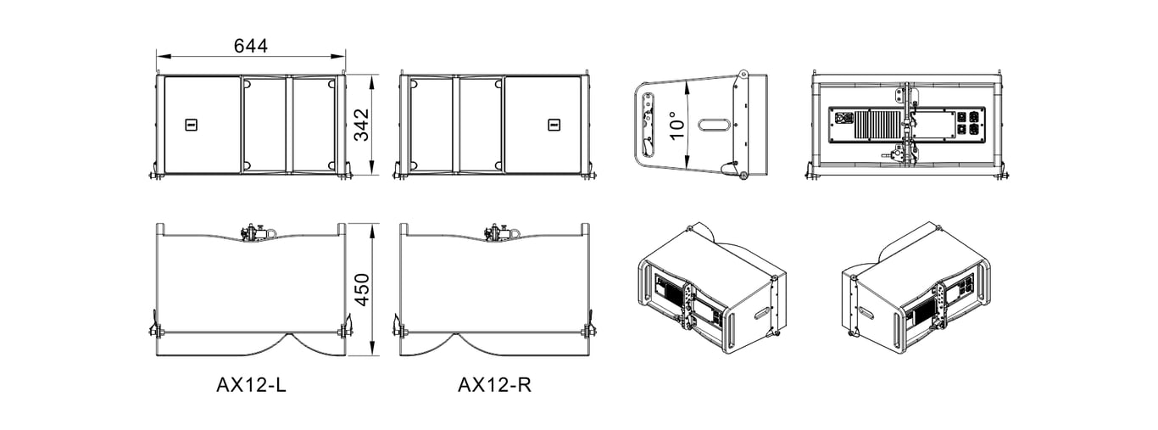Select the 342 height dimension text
tap(361, 125)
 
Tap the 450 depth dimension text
tap(361, 290)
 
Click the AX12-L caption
tap(251, 385)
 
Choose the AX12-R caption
tap(495, 385)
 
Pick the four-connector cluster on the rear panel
tap(968, 125)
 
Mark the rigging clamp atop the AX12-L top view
tap(253, 232)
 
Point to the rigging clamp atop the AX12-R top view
tap(498, 232)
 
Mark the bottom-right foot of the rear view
tap(1000, 176)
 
